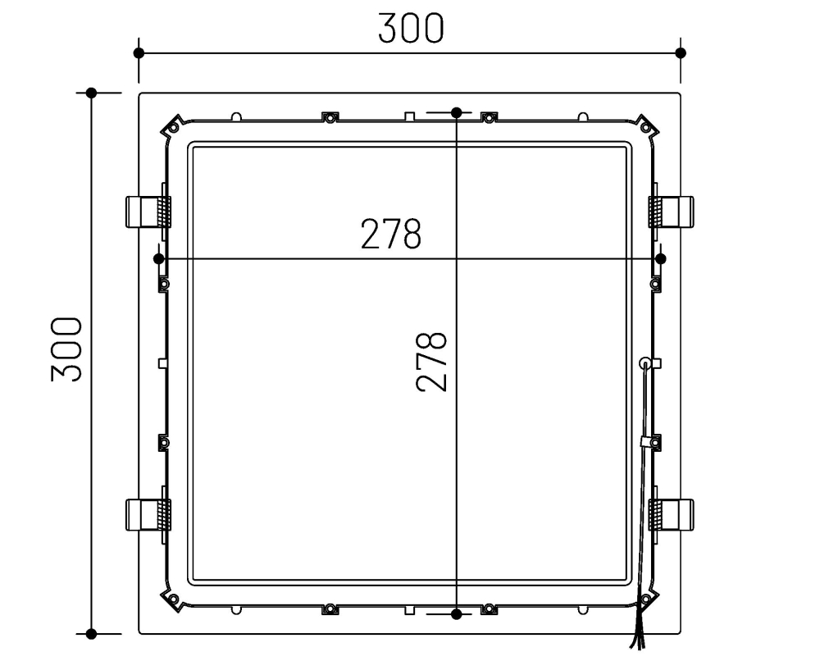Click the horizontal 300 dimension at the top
(x=410, y=28)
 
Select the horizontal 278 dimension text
(x=391, y=235)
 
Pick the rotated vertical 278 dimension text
(x=432, y=361)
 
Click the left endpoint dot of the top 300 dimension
(x=139, y=52)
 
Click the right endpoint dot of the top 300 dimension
(x=681, y=52)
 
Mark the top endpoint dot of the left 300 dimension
(x=92, y=93)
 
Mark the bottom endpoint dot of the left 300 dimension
(x=92, y=633)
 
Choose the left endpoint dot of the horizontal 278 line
(x=159, y=258)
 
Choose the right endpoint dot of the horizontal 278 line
(x=662, y=258)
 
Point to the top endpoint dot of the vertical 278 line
(x=457, y=112)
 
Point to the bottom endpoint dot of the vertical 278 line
(x=457, y=613)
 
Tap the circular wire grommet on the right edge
(x=645, y=362)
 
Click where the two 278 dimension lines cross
(x=457, y=258)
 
